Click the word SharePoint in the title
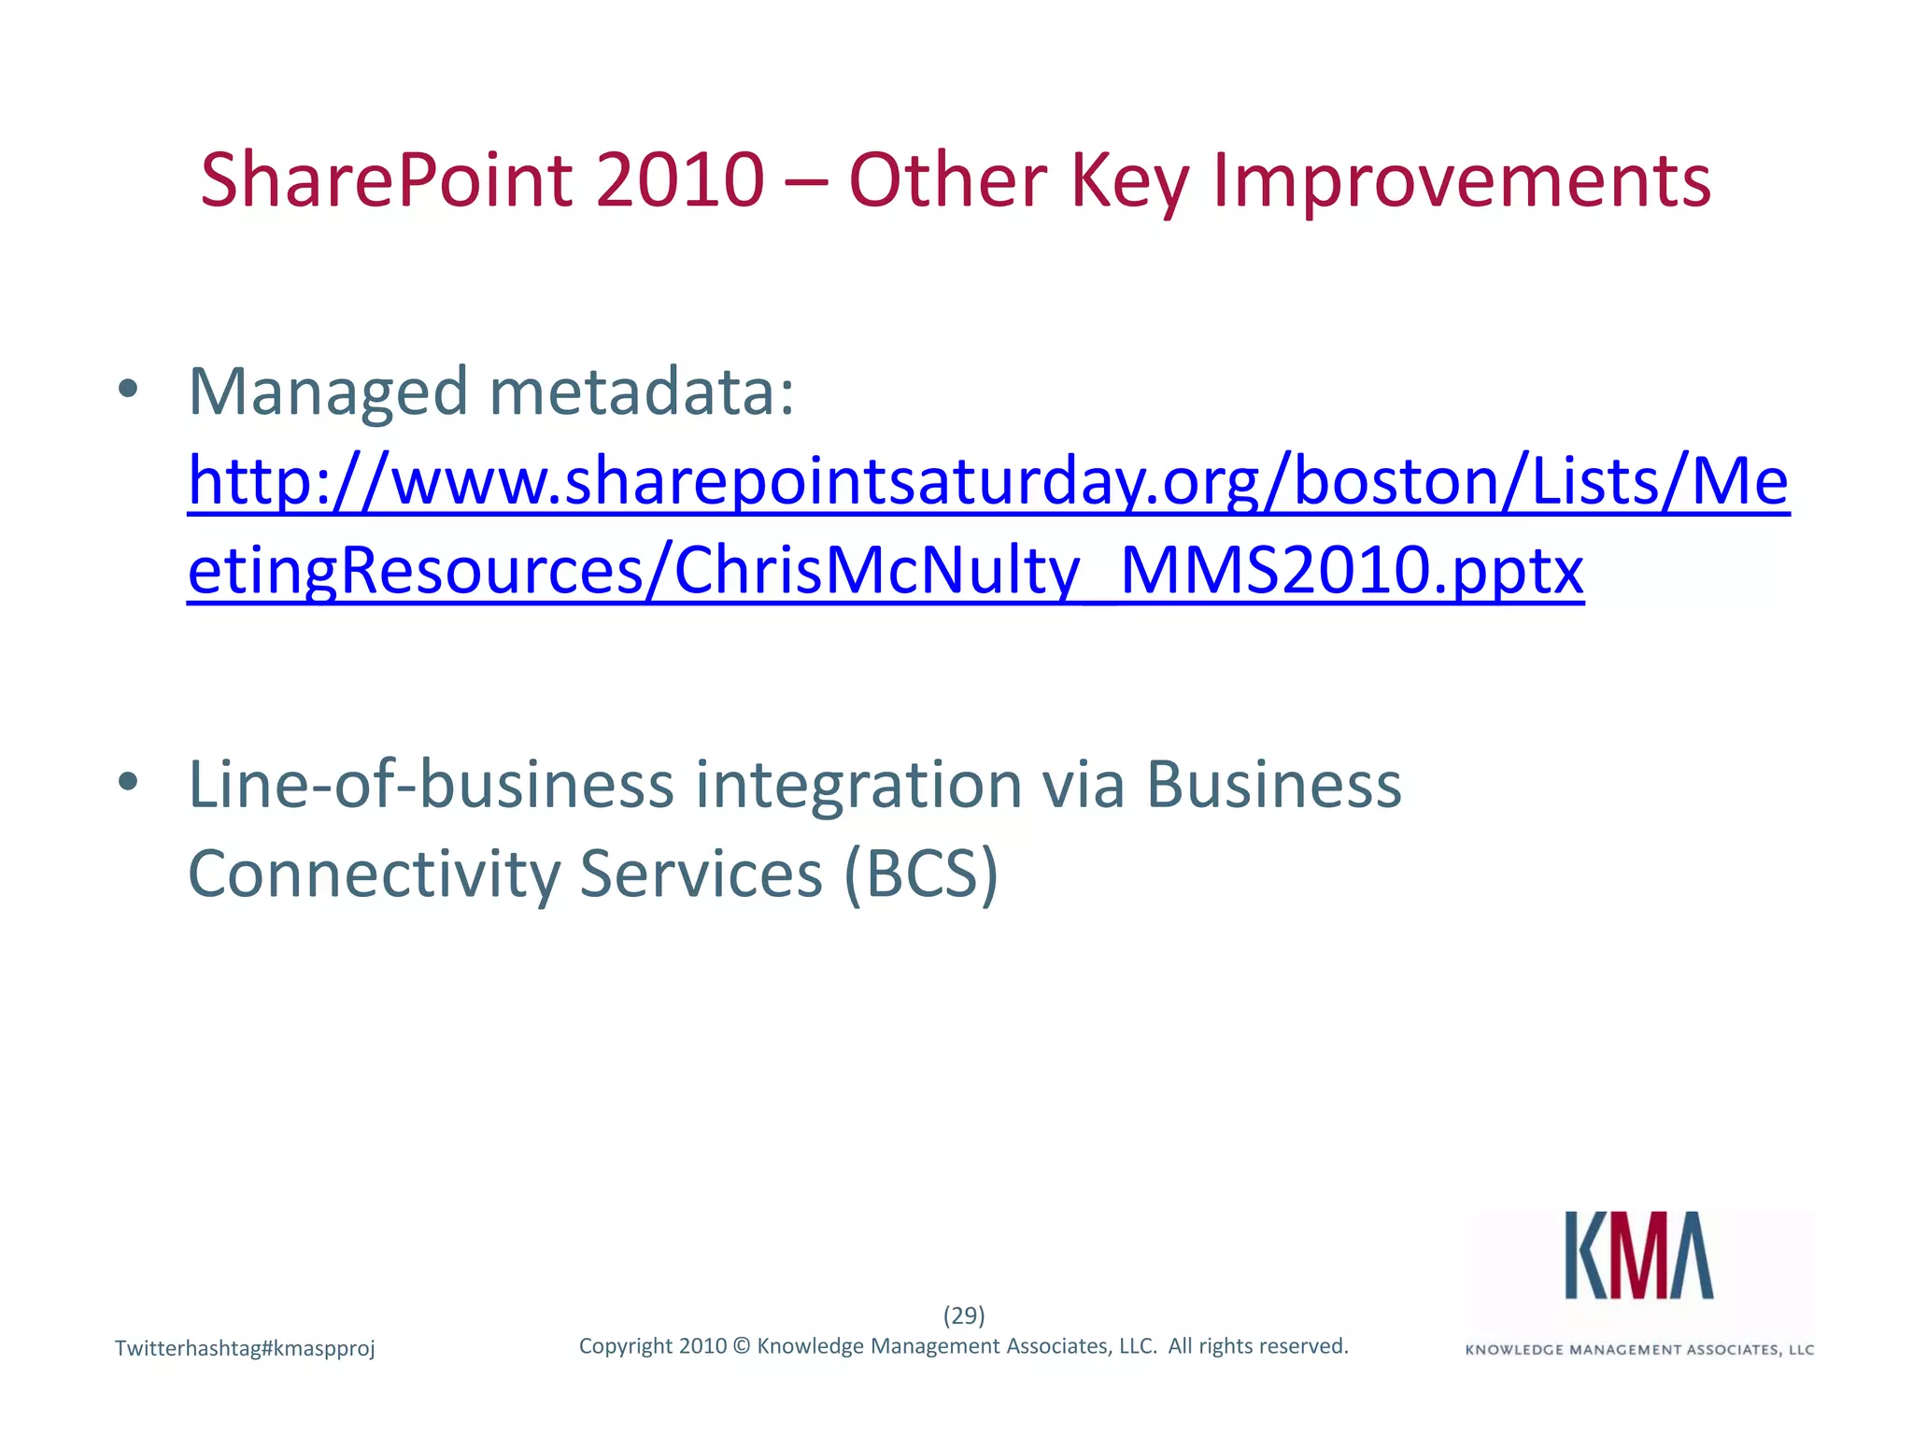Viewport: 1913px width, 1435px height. pos(386,180)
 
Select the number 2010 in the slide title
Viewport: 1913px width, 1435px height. pos(680,180)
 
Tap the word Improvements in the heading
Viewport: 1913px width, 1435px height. pos(1462,180)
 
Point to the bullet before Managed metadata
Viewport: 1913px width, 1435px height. pos(129,390)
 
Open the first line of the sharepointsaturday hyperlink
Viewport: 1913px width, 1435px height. pos(987,481)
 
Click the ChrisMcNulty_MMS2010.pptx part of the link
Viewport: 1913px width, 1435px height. pos(1128,570)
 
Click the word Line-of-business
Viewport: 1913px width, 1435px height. pos(431,784)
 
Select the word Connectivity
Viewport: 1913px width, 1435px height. pos(374,874)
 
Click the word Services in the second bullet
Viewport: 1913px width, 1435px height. pos(701,874)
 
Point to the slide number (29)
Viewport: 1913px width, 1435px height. pos(964,1315)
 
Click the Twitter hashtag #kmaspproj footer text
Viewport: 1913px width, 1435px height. pos(245,1348)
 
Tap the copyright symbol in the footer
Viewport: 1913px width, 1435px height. pos(742,1346)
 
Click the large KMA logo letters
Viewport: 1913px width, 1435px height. pos(1639,1255)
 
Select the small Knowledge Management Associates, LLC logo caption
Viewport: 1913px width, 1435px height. pos(1639,1350)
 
